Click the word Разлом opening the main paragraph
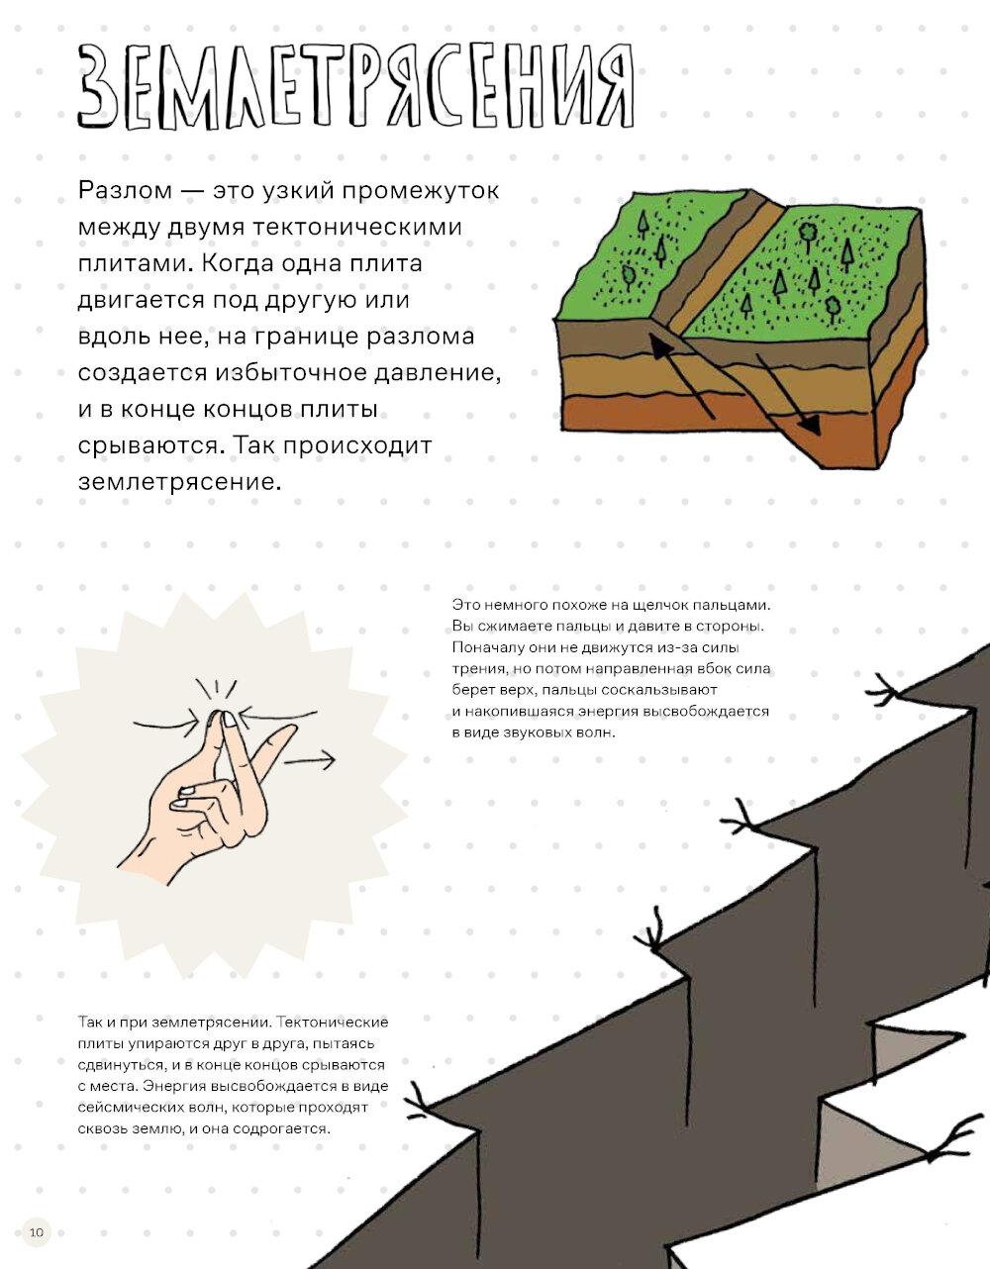125,191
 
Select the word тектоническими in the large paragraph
357,227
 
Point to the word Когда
236,264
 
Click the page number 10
37,1232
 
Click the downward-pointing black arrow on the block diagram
787,394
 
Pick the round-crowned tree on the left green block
628,277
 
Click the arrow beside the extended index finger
310,760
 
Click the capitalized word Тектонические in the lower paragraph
333,1023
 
